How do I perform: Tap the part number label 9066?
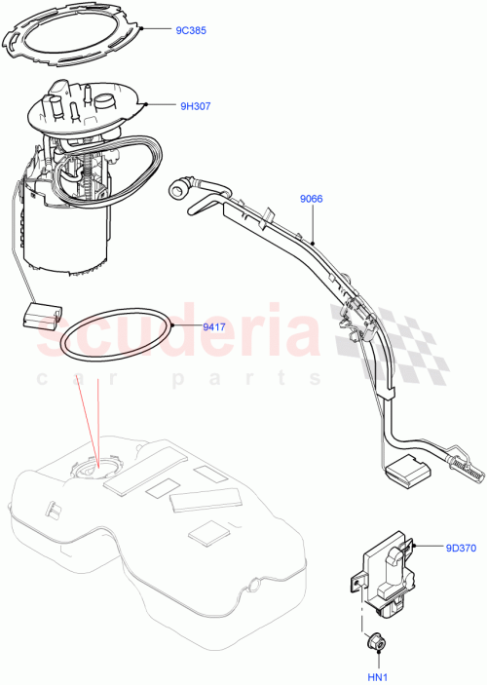(311, 201)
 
